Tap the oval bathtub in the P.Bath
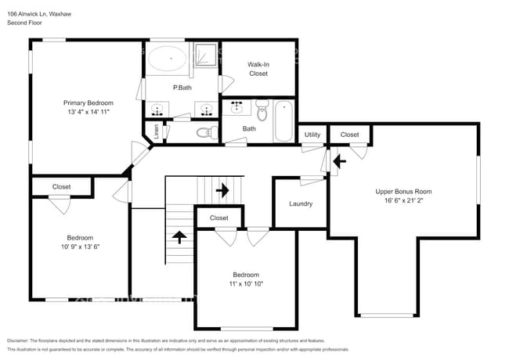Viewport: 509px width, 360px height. tap(167, 59)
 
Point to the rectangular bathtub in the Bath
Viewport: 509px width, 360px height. tap(283, 121)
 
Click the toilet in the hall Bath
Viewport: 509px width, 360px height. tap(262, 114)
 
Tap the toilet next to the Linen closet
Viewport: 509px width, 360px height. tap(205, 132)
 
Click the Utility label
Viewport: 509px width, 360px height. tap(312, 135)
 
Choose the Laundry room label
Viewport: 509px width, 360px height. tap(301, 203)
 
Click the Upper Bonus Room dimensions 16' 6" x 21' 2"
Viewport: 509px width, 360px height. tap(403, 201)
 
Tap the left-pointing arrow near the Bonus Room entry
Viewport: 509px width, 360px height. tap(338, 162)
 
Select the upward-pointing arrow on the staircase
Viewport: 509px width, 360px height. tap(179, 236)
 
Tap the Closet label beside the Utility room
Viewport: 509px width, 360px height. tap(350, 135)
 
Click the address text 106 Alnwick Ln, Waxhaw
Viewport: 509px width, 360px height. tap(40, 13)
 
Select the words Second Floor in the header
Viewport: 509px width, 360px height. tap(24, 23)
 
